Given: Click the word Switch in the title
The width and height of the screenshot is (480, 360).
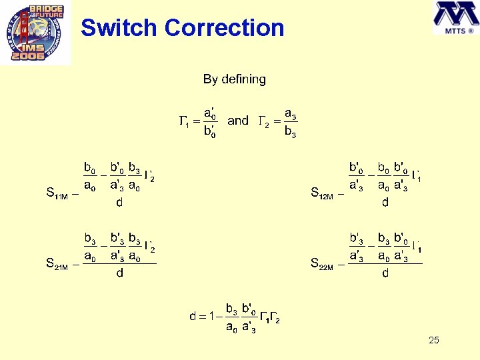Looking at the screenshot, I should (x=119, y=28).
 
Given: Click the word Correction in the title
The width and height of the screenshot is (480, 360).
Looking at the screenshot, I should (x=224, y=28).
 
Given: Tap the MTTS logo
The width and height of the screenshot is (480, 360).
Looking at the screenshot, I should (x=455, y=19).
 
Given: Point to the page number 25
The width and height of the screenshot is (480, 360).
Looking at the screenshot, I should (x=434, y=341).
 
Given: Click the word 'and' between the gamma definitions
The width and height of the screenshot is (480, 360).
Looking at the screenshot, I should (x=238, y=121).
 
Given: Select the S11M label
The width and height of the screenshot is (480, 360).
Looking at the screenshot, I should (x=57, y=194).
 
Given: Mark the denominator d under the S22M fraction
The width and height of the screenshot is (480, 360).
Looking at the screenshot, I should (x=385, y=273).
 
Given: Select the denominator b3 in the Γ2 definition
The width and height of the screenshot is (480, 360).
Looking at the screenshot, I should (x=290, y=132).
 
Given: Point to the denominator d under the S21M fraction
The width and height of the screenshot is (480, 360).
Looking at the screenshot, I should (x=119, y=273).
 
